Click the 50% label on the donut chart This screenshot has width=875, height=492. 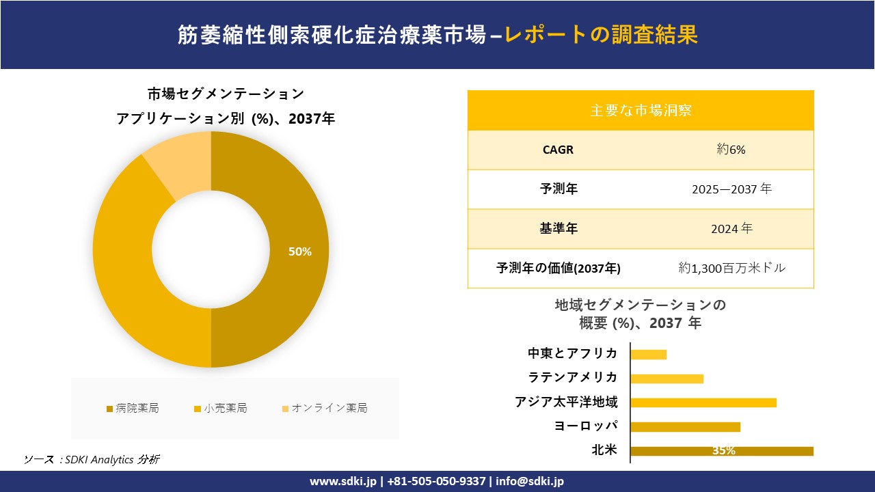[299, 251]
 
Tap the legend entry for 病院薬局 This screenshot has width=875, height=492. [133, 408]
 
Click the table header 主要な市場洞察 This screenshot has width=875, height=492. [641, 110]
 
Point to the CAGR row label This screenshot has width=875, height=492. [558, 150]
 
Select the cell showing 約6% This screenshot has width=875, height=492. [731, 150]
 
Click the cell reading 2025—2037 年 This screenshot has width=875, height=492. [731, 189]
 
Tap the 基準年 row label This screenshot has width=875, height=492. [558, 229]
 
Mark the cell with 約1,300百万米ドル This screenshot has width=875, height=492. [731, 269]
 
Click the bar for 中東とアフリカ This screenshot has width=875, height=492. [648, 354]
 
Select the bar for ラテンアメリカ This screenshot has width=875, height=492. [667, 379]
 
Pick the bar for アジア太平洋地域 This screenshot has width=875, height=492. [703, 402]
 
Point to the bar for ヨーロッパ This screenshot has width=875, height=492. [685, 427]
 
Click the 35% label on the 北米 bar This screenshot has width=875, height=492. [723, 451]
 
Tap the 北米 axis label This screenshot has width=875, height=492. [604, 450]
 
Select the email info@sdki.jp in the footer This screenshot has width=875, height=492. [530, 481]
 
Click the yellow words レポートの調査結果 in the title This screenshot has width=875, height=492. [602, 34]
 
